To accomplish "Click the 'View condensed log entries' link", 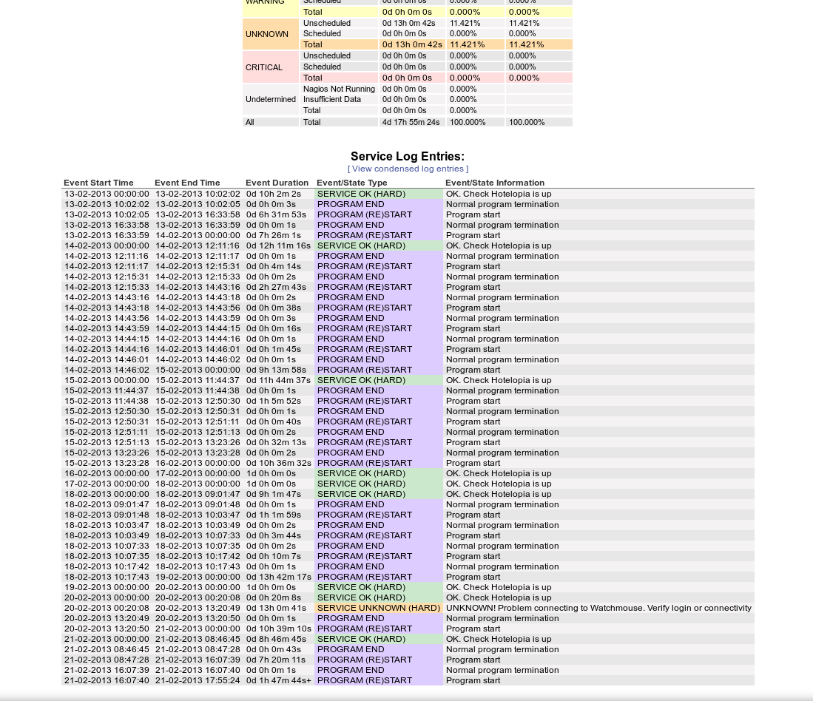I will [408, 169].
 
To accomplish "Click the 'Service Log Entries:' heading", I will [408, 156].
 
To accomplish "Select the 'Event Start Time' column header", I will [98, 183].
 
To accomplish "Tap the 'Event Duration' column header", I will [277, 183].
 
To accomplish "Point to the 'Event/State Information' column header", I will [494, 183].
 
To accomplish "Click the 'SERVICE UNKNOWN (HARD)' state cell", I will [378, 608].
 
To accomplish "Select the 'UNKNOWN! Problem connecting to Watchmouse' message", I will [598, 608].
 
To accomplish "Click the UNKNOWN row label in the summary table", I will [267, 34].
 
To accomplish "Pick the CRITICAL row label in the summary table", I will [264, 67].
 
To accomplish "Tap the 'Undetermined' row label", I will [271, 99].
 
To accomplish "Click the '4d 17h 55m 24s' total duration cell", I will [411, 122].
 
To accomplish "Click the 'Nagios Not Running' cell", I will [339, 89].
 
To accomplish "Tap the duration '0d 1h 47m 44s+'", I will [279, 680].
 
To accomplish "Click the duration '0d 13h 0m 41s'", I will [276, 608].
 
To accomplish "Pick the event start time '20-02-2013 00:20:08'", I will [107, 608].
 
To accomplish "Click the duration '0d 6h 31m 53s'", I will [276, 214].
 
